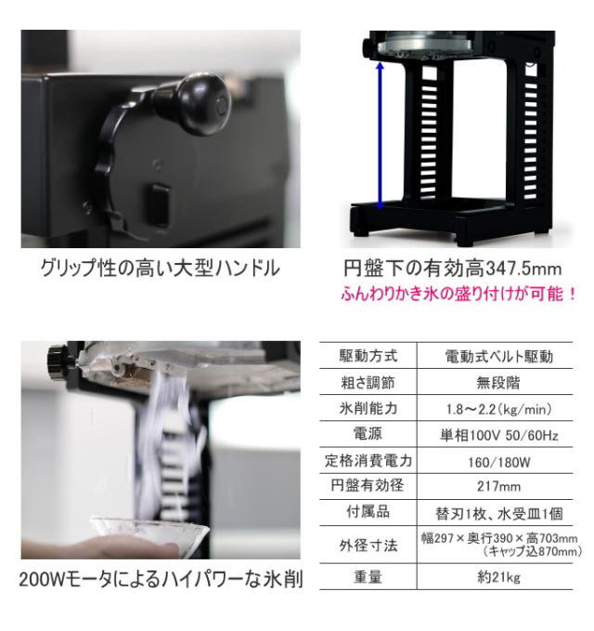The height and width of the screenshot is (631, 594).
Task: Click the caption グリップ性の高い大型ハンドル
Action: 159,269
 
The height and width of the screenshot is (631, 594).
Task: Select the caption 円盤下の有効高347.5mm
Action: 447,270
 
